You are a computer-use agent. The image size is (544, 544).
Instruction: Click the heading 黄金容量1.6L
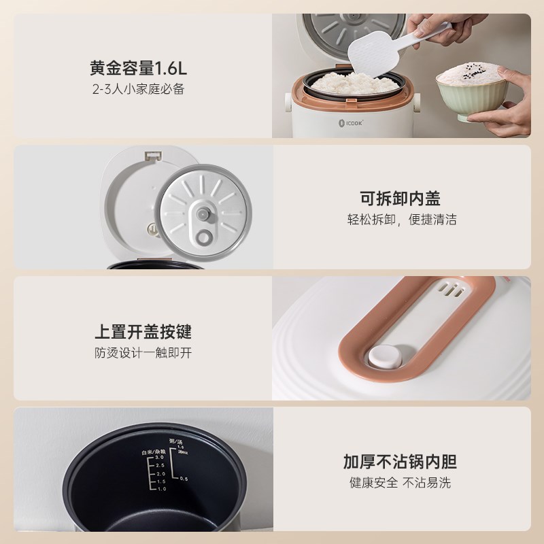(137, 69)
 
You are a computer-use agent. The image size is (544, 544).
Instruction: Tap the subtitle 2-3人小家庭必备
(137, 90)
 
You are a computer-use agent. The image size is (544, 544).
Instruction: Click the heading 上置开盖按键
(143, 332)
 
